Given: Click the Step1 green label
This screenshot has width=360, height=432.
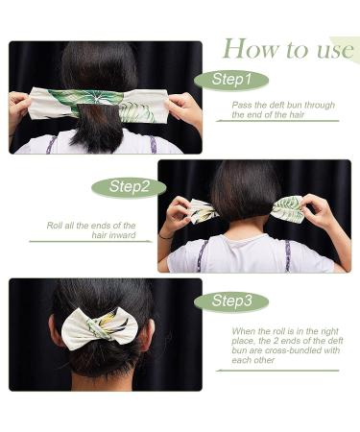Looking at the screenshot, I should coord(231,80).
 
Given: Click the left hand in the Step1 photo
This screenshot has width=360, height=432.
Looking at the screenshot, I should coord(19,105).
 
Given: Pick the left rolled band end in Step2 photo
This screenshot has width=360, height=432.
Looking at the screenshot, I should coord(202,210).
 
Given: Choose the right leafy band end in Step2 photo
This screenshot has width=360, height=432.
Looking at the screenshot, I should coord(288,208).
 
